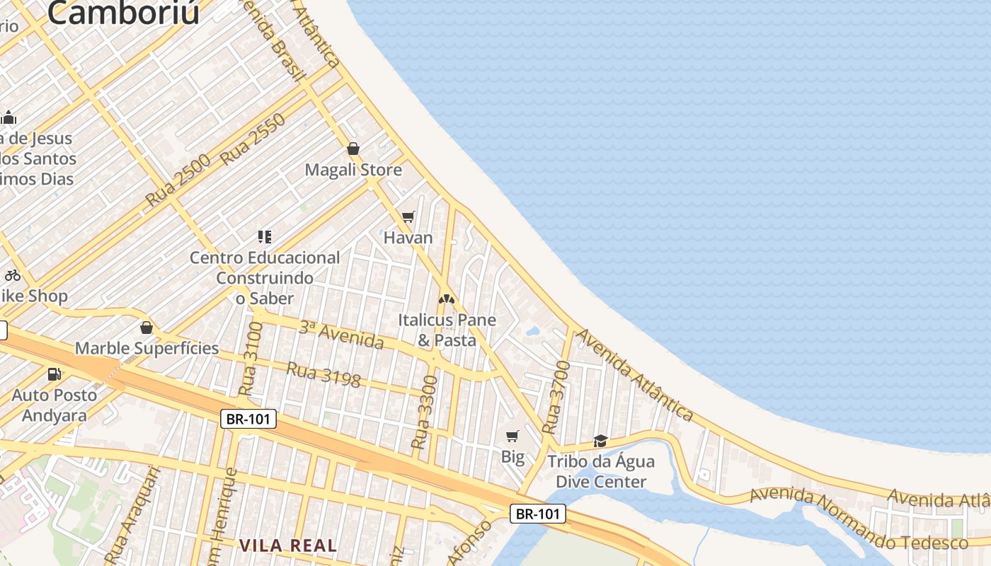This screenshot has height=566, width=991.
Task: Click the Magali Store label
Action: point(353,170)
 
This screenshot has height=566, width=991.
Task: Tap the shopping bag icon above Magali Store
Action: point(353,149)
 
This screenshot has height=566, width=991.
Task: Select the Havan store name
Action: point(408,238)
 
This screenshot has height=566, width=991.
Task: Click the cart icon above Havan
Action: point(408,216)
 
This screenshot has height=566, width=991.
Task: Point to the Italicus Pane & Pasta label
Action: point(447,330)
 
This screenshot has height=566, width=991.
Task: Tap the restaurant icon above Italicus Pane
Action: point(446,299)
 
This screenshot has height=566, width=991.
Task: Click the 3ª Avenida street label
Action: point(341,335)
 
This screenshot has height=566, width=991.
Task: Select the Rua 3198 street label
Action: point(323,374)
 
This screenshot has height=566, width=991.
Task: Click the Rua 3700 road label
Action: point(556,397)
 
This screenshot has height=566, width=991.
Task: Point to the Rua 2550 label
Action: point(253,139)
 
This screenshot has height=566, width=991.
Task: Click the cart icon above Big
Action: point(512,436)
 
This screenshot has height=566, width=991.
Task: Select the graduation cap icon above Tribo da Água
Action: point(600,441)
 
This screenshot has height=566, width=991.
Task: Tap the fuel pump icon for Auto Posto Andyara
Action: point(54,374)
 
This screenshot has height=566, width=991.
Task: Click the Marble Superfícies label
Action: point(147,348)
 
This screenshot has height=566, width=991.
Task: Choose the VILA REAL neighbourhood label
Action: point(287,545)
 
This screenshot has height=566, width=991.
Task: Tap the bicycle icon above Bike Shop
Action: point(13,275)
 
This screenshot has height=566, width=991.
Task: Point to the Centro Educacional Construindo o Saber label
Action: point(265,278)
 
